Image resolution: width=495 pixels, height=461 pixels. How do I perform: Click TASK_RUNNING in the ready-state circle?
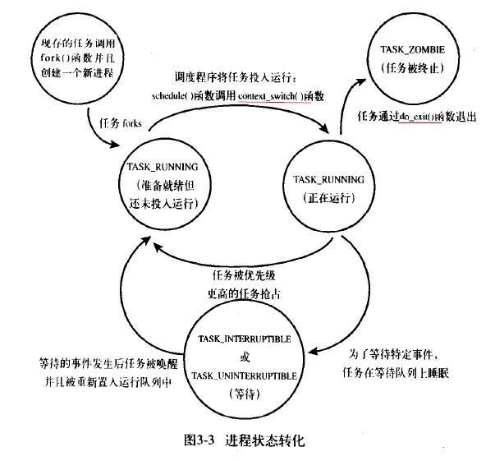click(x=167, y=166)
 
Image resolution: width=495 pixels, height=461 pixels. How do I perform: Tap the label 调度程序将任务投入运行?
click(x=228, y=78)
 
